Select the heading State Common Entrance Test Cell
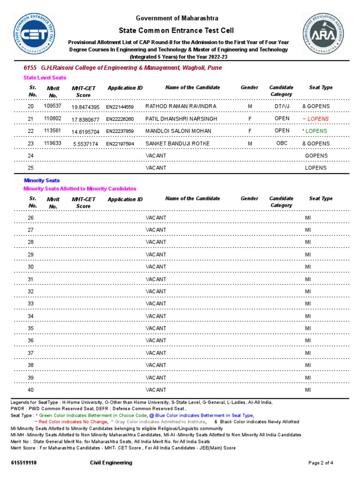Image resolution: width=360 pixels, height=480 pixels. tap(176, 30)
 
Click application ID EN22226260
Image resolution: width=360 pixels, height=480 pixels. tap(120, 119)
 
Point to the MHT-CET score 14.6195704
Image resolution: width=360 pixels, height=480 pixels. tap(85, 132)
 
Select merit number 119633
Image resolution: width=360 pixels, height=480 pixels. tap(52, 143)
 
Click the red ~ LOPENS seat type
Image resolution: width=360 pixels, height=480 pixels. tap(316, 119)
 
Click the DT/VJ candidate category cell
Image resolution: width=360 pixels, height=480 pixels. tap(282, 106)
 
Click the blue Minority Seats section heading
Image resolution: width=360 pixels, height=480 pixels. tap(42, 180)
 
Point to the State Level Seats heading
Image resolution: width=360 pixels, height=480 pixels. tap(45, 78)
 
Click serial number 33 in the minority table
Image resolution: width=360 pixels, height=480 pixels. tap(30, 304)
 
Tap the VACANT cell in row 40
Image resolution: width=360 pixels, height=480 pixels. tap(156, 390)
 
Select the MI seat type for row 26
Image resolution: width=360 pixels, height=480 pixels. tap(308, 218)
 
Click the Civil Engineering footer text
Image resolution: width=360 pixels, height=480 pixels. tap(111, 463)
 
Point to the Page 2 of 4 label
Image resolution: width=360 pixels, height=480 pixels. tap(321, 463)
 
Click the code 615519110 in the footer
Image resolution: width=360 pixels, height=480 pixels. tap(24, 463)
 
